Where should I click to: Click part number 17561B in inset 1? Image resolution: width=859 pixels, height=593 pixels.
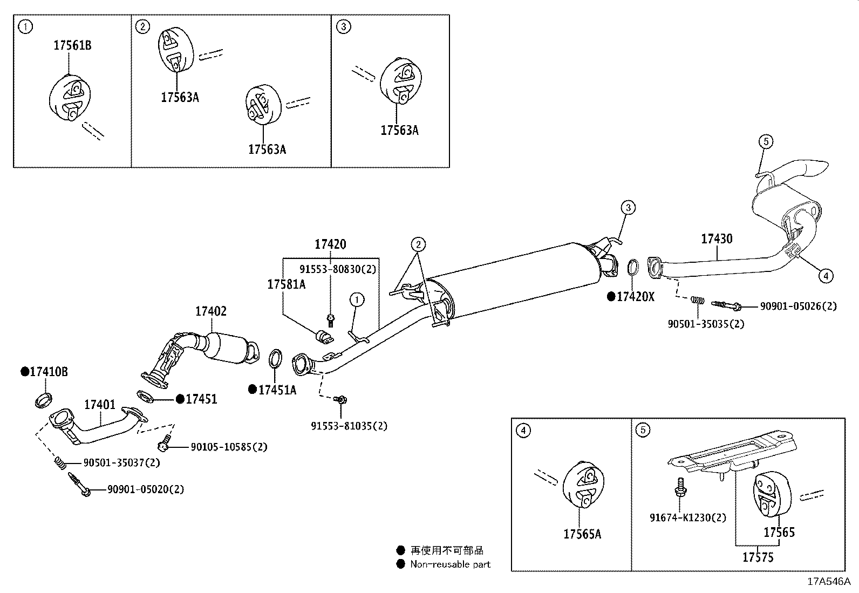click(72, 45)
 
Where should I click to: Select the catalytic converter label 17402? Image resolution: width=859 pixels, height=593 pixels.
click(211, 311)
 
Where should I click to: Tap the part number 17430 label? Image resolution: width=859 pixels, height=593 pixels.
click(717, 238)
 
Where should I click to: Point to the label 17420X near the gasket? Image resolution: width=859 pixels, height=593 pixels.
click(635, 297)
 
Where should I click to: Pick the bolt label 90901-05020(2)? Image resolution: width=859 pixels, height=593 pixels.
click(146, 489)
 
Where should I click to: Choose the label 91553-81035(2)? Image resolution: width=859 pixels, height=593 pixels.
click(349, 426)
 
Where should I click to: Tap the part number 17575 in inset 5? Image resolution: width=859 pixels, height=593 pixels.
click(758, 557)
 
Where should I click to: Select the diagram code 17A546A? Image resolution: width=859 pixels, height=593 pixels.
click(828, 582)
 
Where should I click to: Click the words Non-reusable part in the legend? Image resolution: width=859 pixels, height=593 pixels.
click(450, 564)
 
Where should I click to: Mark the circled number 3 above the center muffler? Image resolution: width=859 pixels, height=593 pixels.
click(628, 207)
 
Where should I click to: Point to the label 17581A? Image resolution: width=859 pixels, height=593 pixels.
click(286, 284)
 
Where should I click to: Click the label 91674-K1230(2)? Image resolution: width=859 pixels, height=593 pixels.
click(688, 517)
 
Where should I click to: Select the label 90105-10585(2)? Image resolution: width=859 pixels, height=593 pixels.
click(229, 447)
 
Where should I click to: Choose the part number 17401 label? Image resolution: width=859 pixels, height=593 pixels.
click(100, 404)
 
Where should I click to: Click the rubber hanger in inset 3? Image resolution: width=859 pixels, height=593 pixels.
click(400, 81)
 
